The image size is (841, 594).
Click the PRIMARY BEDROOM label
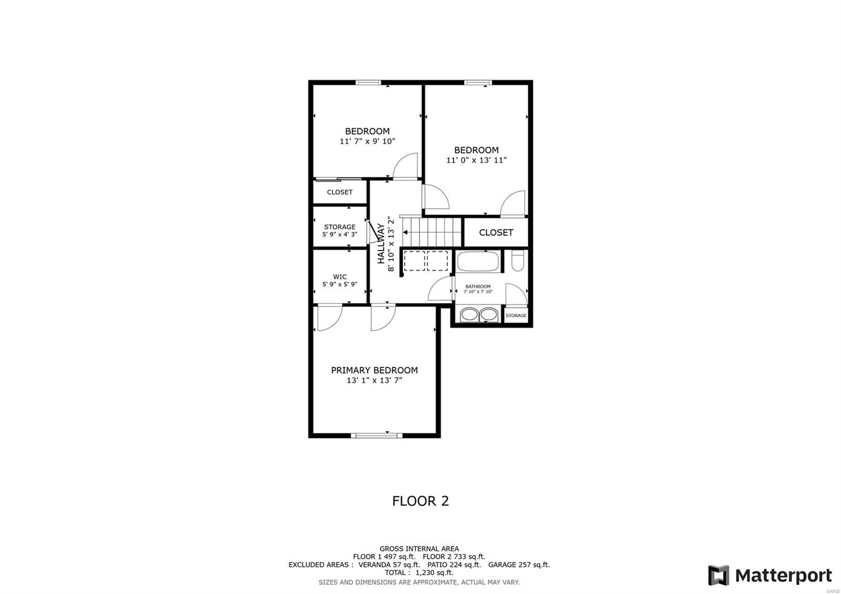coord(374,370)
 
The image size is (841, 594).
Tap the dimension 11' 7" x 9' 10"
coord(367,141)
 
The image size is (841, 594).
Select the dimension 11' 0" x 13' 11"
coord(476,160)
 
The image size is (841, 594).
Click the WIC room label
coord(340,276)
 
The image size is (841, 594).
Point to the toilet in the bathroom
coord(517,261)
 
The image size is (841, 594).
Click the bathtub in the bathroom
coord(478,261)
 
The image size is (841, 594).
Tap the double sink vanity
coord(478,314)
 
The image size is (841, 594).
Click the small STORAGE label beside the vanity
coord(516,315)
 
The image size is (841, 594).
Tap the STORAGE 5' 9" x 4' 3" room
coord(340,230)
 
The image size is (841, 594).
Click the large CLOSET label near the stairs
coord(496,232)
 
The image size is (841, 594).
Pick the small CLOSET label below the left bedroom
coord(340,192)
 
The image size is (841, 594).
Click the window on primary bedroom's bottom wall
coord(376,435)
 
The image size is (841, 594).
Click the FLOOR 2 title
coord(420,501)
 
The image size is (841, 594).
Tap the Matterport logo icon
coord(719,575)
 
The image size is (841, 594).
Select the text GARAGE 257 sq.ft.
coord(518,565)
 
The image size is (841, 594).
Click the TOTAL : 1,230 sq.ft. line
coord(418,572)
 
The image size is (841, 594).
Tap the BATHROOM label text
coord(477,286)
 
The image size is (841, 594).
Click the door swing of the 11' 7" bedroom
coord(406,166)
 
